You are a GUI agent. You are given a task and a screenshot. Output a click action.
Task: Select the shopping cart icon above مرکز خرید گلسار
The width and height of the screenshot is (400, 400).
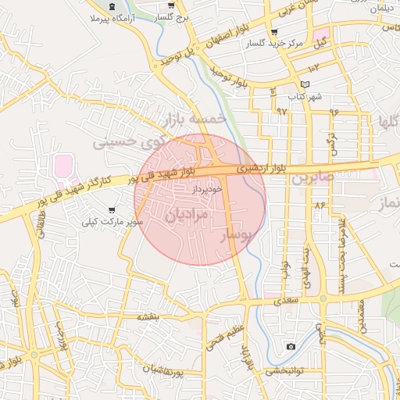tap(273, 33)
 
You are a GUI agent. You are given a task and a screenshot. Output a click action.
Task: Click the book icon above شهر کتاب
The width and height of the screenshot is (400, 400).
tap(304, 84)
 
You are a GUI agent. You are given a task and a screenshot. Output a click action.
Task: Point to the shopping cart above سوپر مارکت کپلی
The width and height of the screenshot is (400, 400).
tap(113, 210)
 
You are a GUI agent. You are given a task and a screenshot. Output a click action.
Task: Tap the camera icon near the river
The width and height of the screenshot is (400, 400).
tap(291, 346)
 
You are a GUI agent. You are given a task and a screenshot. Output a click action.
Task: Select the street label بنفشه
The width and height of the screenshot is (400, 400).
tap(148, 316)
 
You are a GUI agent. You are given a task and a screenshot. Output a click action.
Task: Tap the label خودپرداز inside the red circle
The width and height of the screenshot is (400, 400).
tap(207, 189)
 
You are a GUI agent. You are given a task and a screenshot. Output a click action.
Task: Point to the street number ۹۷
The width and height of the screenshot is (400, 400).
tap(281, 111)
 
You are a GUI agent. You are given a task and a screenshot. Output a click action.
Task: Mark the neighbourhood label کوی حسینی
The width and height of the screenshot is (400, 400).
tap(125, 141)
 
